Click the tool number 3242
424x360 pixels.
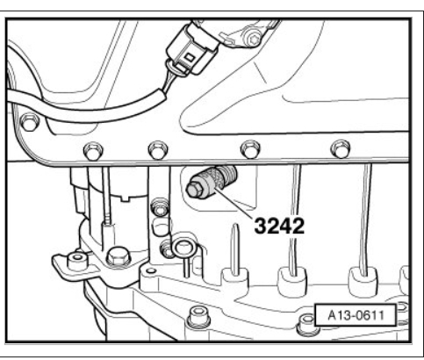(279, 226)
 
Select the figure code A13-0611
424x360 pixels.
(356, 315)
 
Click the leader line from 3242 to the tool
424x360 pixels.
(235, 204)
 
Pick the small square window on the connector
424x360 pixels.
(190, 57)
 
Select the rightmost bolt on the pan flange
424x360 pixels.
(341, 148)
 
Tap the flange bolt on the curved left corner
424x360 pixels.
(29, 122)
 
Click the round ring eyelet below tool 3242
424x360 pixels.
(182, 248)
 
